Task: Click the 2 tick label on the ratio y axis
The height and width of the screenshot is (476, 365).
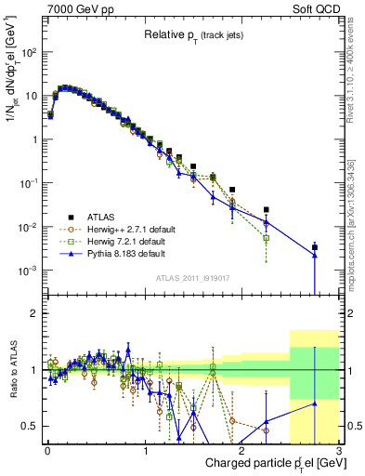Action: pos(35,313)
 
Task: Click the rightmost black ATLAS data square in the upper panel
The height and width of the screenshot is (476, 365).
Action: pos(315,247)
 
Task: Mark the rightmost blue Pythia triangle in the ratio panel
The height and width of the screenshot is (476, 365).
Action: pos(315,403)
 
